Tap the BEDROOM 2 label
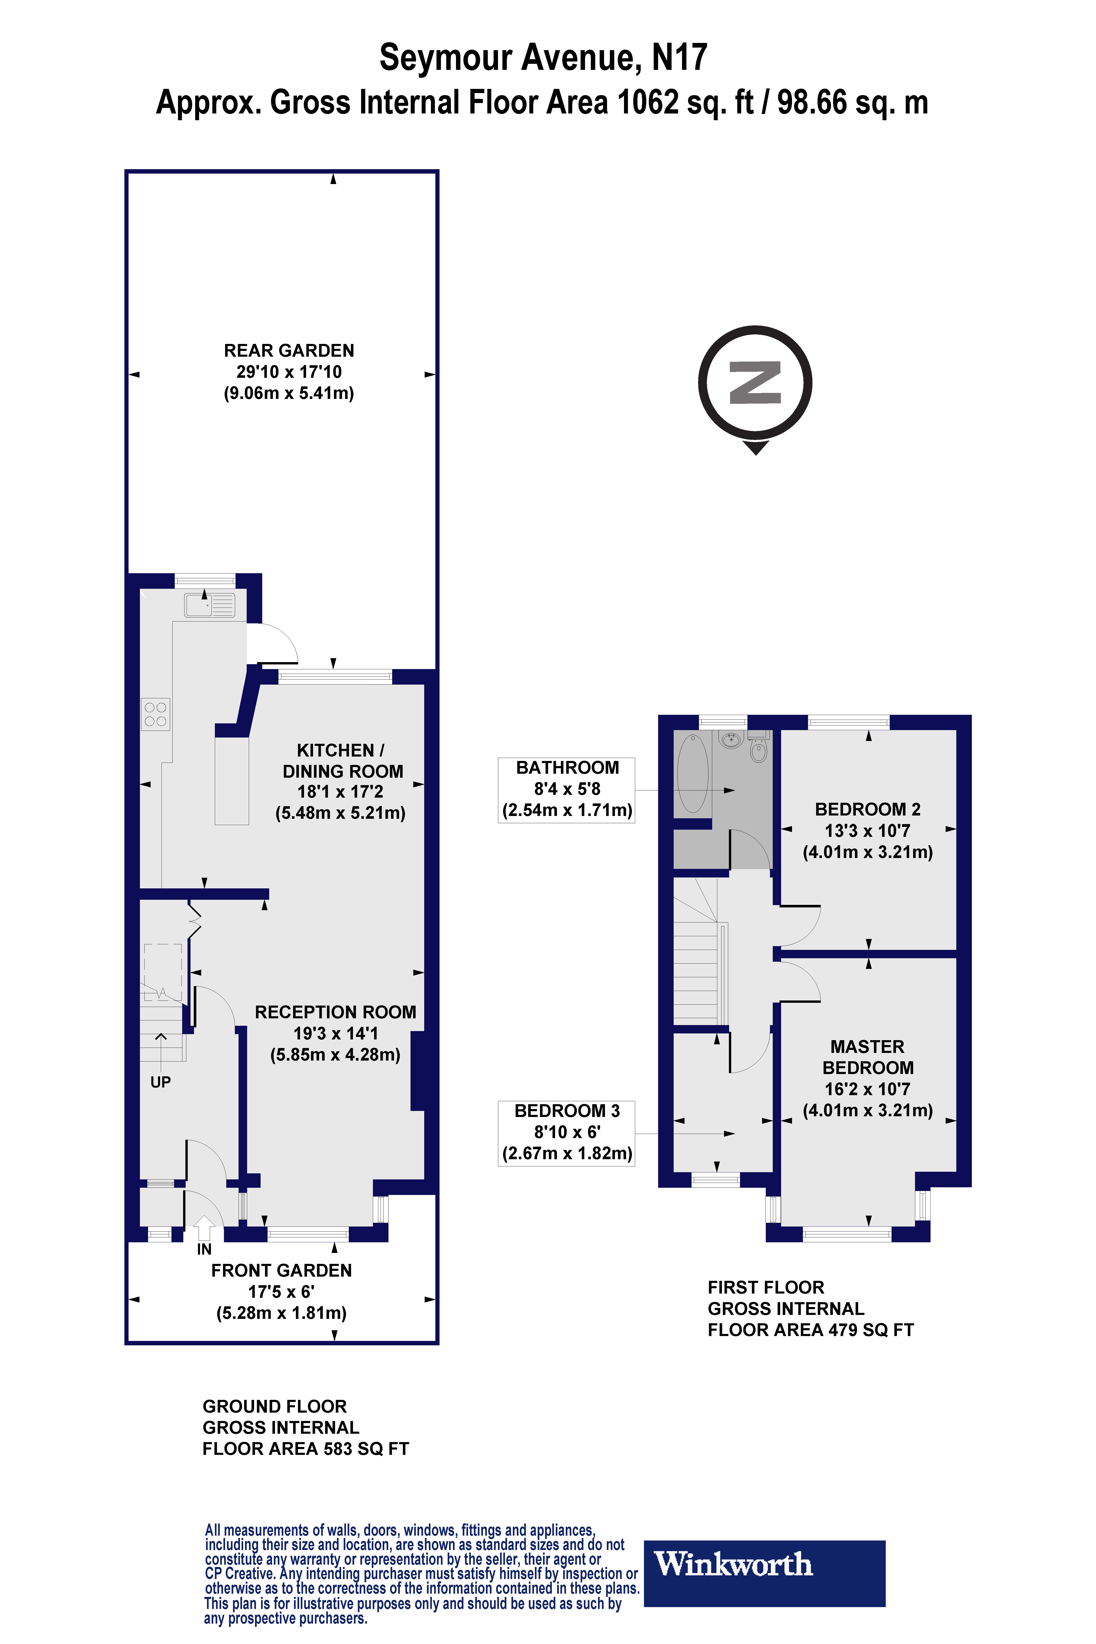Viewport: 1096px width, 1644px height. (867, 830)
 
